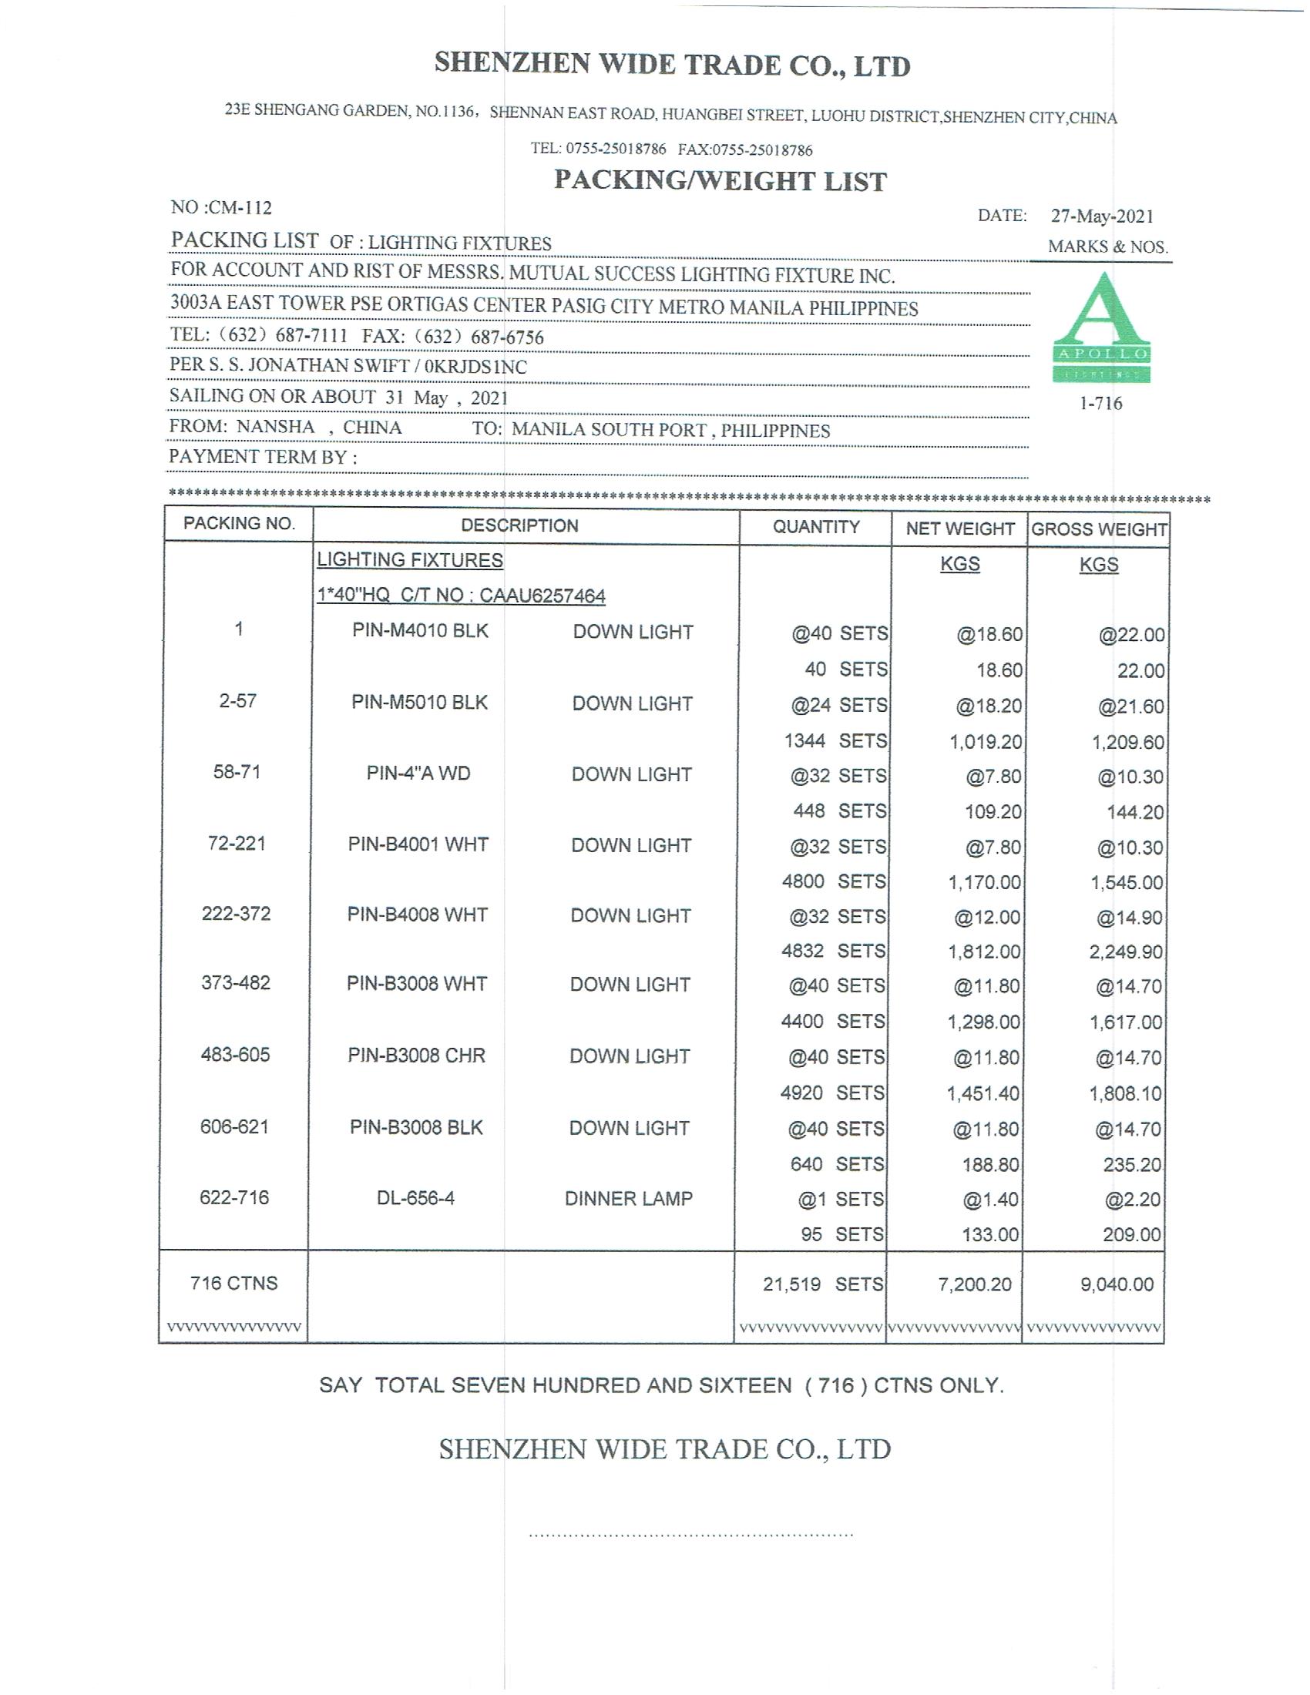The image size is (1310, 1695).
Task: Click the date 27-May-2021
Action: click(x=1102, y=216)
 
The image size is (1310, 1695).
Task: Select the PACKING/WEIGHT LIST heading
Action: click(x=720, y=181)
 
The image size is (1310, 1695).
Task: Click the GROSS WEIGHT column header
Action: click(x=1099, y=529)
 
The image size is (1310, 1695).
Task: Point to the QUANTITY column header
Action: click(x=815, y=527)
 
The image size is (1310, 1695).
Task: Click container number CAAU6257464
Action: click(x=542, y=596)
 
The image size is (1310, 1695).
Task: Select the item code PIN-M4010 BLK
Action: click(x=420, y=630)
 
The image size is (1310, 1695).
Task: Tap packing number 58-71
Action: click(x=237, y=772)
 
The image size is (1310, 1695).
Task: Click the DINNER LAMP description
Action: click(x=629, y=1198)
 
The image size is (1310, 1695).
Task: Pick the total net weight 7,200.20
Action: click(x=975, y=1284)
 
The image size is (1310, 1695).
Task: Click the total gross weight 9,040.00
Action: click(x=1117, y=1284)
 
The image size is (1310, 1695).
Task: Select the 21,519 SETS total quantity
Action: click(x=823, y=1284)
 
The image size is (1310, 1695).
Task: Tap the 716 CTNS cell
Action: click(x=233, y=1283)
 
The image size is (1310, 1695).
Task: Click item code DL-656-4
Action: click(x=416, y=1198)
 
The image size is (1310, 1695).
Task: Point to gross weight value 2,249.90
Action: click(x=1125, y=952)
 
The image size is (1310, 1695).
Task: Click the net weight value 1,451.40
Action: click(x=983, y=1093)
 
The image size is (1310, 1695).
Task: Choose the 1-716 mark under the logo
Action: click(x=1100, y=404)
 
